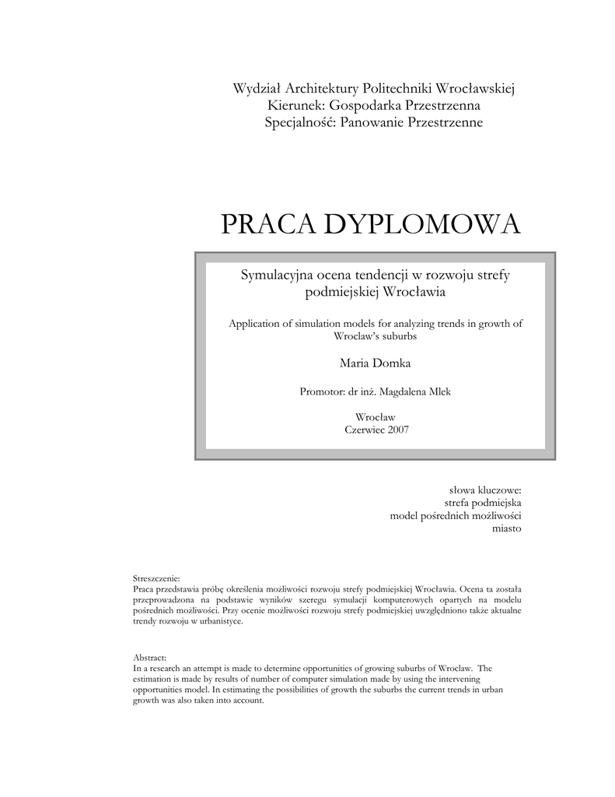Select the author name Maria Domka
point(375,362)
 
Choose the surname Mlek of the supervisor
point(436,391)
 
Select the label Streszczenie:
point(156,579)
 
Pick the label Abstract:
point(150,658)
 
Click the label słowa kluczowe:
point(485,490)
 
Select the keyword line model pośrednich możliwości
point(455,516)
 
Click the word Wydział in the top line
point(258,87)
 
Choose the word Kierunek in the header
point(295,105)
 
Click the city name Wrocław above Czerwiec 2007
point(375,416)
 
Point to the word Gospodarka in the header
point(367,105)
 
